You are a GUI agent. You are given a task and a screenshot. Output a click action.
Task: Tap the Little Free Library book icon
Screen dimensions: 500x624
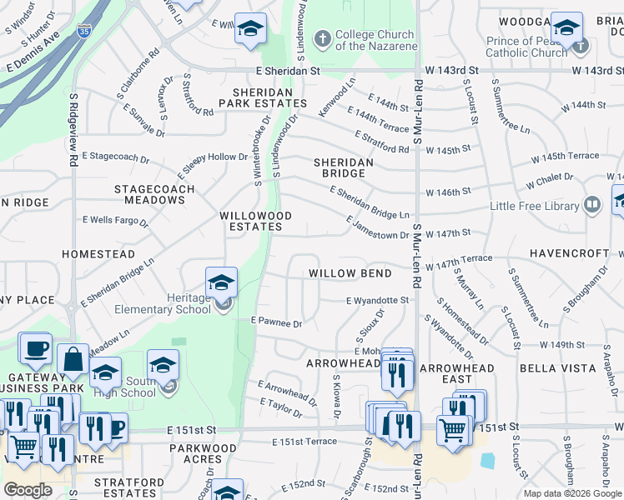pos(592,204)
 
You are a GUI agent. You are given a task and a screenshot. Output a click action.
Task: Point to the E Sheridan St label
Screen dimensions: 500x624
pos(289,72)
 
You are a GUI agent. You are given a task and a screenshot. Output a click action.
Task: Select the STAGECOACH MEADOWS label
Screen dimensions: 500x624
pos(154,195)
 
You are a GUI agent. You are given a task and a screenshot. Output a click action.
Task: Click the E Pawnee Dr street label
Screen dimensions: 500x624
pos(276,321)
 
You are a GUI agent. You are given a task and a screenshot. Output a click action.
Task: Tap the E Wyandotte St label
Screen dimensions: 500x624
pos(377,300)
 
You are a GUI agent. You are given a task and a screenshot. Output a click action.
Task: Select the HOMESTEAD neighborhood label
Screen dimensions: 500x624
pos(98,253)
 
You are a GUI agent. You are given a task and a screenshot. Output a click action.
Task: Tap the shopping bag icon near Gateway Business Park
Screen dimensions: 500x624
pos(73,358)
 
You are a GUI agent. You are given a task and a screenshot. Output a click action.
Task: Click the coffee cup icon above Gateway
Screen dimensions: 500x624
pos(35,347)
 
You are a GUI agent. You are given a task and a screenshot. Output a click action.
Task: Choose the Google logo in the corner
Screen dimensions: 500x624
pos(28,490)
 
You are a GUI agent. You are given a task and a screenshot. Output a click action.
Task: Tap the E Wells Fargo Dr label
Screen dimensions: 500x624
pos(115,221)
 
